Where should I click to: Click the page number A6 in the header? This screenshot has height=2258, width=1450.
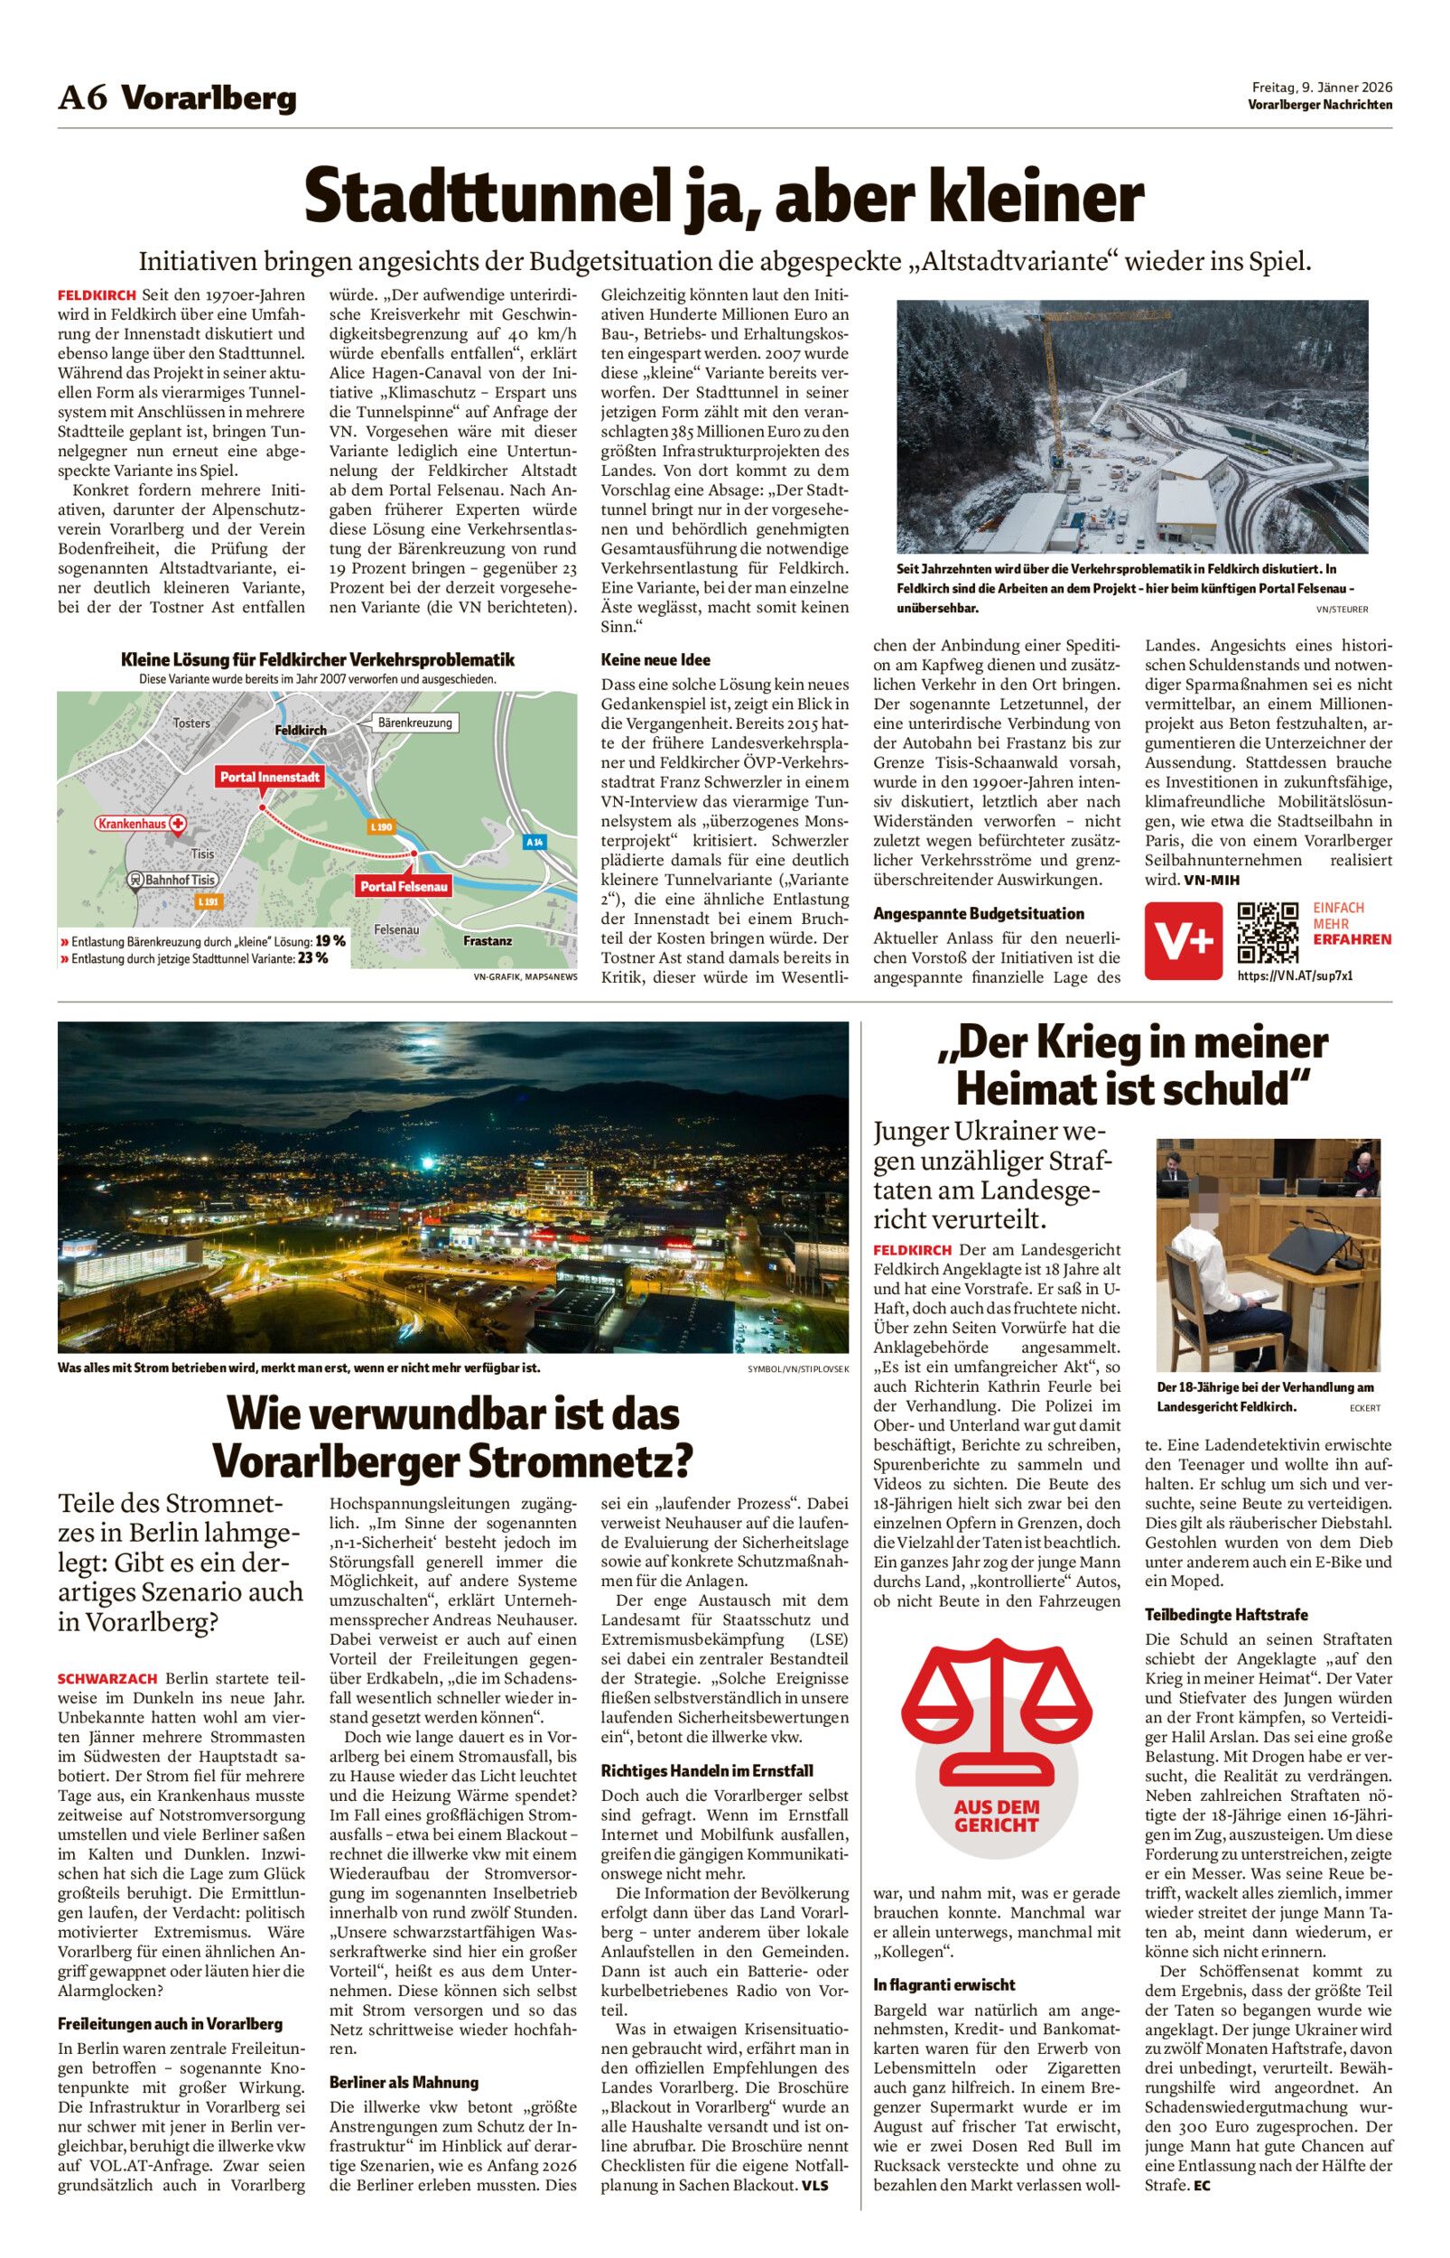pos(84,98)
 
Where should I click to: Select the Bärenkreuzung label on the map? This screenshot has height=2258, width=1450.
pos(415,723)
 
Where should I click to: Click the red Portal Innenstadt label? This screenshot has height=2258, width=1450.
pos(270,777)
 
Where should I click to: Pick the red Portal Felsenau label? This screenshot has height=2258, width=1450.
pos(404,886)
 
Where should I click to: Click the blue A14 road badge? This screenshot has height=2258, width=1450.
pos(534,841)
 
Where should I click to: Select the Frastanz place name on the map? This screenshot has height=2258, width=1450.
pos(487,940)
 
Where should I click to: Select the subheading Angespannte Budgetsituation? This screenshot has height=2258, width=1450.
pos(979,913)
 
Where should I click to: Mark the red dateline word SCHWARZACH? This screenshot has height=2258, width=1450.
pos(109,1679)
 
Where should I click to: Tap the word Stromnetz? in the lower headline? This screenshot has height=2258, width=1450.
pos(579,1461)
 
